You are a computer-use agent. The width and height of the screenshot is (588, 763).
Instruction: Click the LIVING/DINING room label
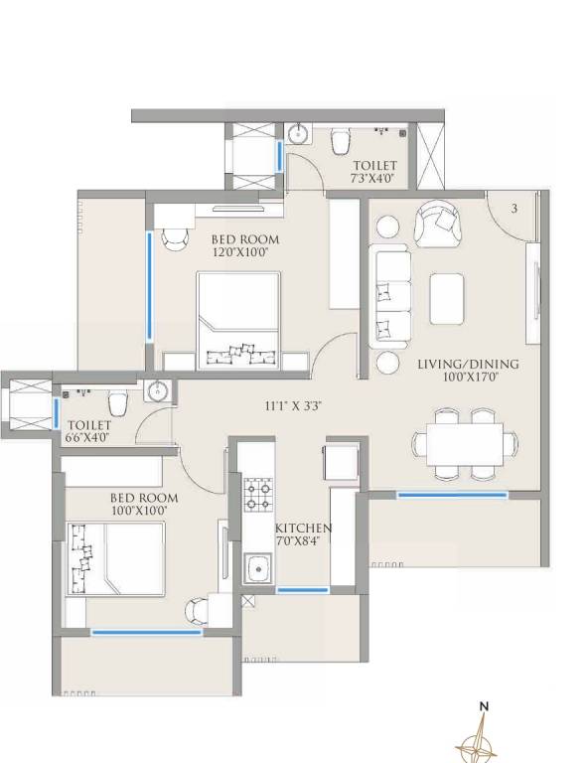point(468,364)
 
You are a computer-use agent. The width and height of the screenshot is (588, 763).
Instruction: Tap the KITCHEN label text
point(304,528)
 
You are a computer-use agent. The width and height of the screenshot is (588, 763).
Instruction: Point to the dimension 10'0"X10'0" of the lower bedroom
point(144,511)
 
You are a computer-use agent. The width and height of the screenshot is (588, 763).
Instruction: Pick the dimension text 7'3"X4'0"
point(374,179)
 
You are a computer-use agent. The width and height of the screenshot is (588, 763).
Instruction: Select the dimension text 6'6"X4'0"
point(88,437)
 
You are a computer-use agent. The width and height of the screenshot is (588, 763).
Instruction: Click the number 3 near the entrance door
point(514,209)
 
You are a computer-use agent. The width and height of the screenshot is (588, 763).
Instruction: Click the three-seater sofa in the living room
point(390,295)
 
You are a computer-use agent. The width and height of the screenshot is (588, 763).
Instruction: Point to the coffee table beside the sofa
point(447,296)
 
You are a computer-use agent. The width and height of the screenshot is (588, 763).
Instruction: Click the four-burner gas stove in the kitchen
point(258,492)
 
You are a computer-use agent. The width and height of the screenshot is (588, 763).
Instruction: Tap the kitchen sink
point(259,568)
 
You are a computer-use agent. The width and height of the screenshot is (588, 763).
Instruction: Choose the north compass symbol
point(484,735)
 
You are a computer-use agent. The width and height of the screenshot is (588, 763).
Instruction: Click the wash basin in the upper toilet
point(299,134)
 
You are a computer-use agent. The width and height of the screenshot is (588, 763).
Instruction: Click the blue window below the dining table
point(452,494)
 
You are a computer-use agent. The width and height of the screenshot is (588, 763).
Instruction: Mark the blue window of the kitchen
point(303,590)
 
